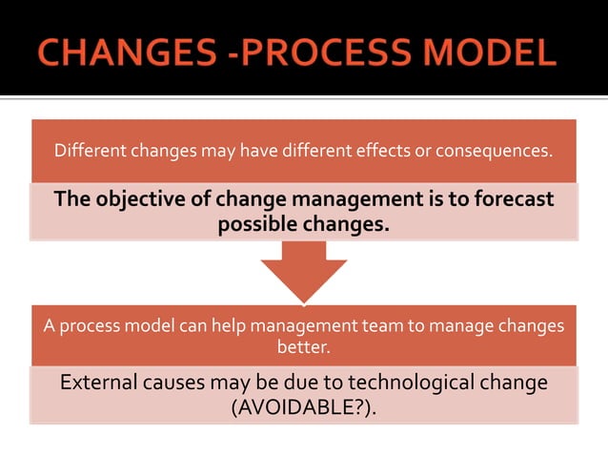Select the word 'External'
[x=99, y=383]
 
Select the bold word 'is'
[x=419, y=199]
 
